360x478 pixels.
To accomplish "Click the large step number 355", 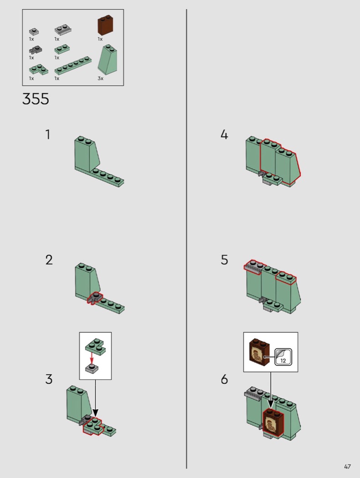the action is [36, 99].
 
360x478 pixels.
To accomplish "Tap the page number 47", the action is [347, 467].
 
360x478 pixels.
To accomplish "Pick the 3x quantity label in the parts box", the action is [100, 78].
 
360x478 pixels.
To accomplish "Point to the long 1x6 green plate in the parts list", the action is [73, 65].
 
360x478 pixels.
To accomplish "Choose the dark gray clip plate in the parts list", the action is [36, 50].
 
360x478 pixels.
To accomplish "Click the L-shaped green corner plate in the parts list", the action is [38, 70].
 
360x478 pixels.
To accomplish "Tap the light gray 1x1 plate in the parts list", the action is [34, 31].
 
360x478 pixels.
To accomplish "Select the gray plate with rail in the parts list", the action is [63, 30].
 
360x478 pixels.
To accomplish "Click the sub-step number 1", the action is [47, 134].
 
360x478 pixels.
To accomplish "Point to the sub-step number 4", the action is [224, 134].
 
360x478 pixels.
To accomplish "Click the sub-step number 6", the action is [224, 379].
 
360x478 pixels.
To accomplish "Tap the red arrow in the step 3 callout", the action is [92, 358].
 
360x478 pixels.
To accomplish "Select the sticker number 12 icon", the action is [283, 357].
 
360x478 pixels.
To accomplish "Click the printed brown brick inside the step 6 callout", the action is [259, 352].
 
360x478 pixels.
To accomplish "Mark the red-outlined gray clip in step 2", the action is [95, 297].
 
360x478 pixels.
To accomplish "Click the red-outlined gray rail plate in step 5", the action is [253, 267].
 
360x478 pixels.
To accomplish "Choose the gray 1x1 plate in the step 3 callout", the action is [92, 369].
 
